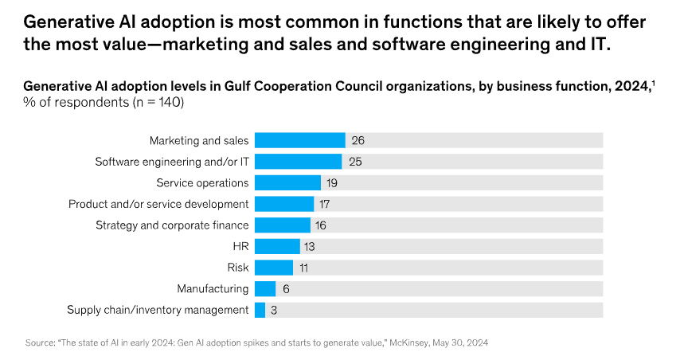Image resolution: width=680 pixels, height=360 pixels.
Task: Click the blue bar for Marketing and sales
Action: pyautogui.click(x=299, y=140)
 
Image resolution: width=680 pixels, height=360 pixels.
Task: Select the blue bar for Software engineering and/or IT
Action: pyautogui.click(x=298, y=162)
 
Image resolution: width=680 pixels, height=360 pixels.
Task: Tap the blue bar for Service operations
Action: pyautogui.click(x=287, y=182)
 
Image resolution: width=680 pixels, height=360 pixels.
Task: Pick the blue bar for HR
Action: pyautogui.click(x=276, y=246)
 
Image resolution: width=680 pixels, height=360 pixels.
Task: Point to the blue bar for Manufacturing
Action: pyautogui.click(x=264, y=288)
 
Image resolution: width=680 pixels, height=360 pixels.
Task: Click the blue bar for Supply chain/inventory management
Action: pyautogui.click(x=260, y=310)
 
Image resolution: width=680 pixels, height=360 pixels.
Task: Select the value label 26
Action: pyautogui.click(x=358, y=140)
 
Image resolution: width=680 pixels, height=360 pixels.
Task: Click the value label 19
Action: pyautogui.click(x=333, y=182)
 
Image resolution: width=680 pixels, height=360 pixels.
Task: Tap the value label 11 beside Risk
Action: pyautogui.click(x=304, y=268)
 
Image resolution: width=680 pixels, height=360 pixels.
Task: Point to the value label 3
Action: pyautogui.click(x=274, y=310)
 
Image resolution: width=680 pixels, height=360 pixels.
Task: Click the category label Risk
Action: pyautogui.click(x=237, y=268)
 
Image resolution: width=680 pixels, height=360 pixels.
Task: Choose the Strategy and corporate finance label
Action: pyautogui.click(x=172, y=225)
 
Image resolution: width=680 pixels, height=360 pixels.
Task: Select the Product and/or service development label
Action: pyautogui.click(x=158, y=204)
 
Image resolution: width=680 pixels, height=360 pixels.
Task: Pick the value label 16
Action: pyautogui.click(x=322, y=225)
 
